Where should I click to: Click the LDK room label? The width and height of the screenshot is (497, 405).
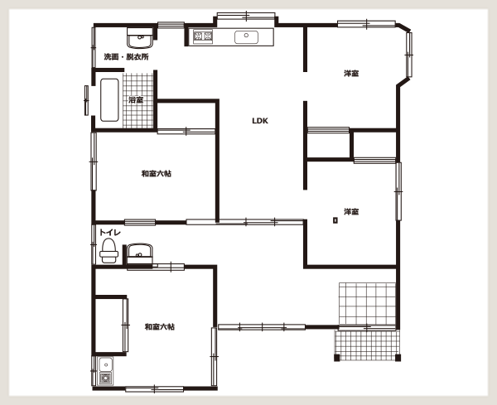coord(260,121)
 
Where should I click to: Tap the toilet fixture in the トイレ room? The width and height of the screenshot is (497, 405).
coord(109,251)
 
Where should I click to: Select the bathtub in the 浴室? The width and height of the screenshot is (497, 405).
coord(109,100)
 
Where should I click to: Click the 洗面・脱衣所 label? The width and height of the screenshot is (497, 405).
coord(126,57)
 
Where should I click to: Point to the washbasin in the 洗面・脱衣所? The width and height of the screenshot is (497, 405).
coord(140,38)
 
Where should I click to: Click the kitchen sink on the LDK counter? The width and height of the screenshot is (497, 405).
coord(246,36)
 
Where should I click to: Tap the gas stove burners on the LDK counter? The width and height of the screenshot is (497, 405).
coord(203,36)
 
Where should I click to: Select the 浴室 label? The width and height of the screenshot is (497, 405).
coord(136,100)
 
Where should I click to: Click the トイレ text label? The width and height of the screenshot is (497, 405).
coord(110,232)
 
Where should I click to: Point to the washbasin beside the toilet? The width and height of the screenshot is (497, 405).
coord(139,253)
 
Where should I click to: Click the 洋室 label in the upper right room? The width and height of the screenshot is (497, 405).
coord(351,74)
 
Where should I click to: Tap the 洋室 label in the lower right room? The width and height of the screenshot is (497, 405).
coord(351,211)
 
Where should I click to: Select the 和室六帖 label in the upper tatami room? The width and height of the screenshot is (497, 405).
coord(157,174)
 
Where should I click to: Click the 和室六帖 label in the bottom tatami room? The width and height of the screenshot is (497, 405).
coord(159,326)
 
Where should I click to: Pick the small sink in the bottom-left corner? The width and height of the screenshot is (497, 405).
coord(105,364)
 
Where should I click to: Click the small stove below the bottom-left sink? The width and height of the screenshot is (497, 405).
coord(105,378)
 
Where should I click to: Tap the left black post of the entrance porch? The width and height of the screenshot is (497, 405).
coord(337,358)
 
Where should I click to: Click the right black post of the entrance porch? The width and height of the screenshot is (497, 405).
coord(398,358)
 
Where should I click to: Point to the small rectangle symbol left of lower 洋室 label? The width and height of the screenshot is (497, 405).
coord(335,220)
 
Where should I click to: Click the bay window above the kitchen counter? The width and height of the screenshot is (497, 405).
coord(246,16)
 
